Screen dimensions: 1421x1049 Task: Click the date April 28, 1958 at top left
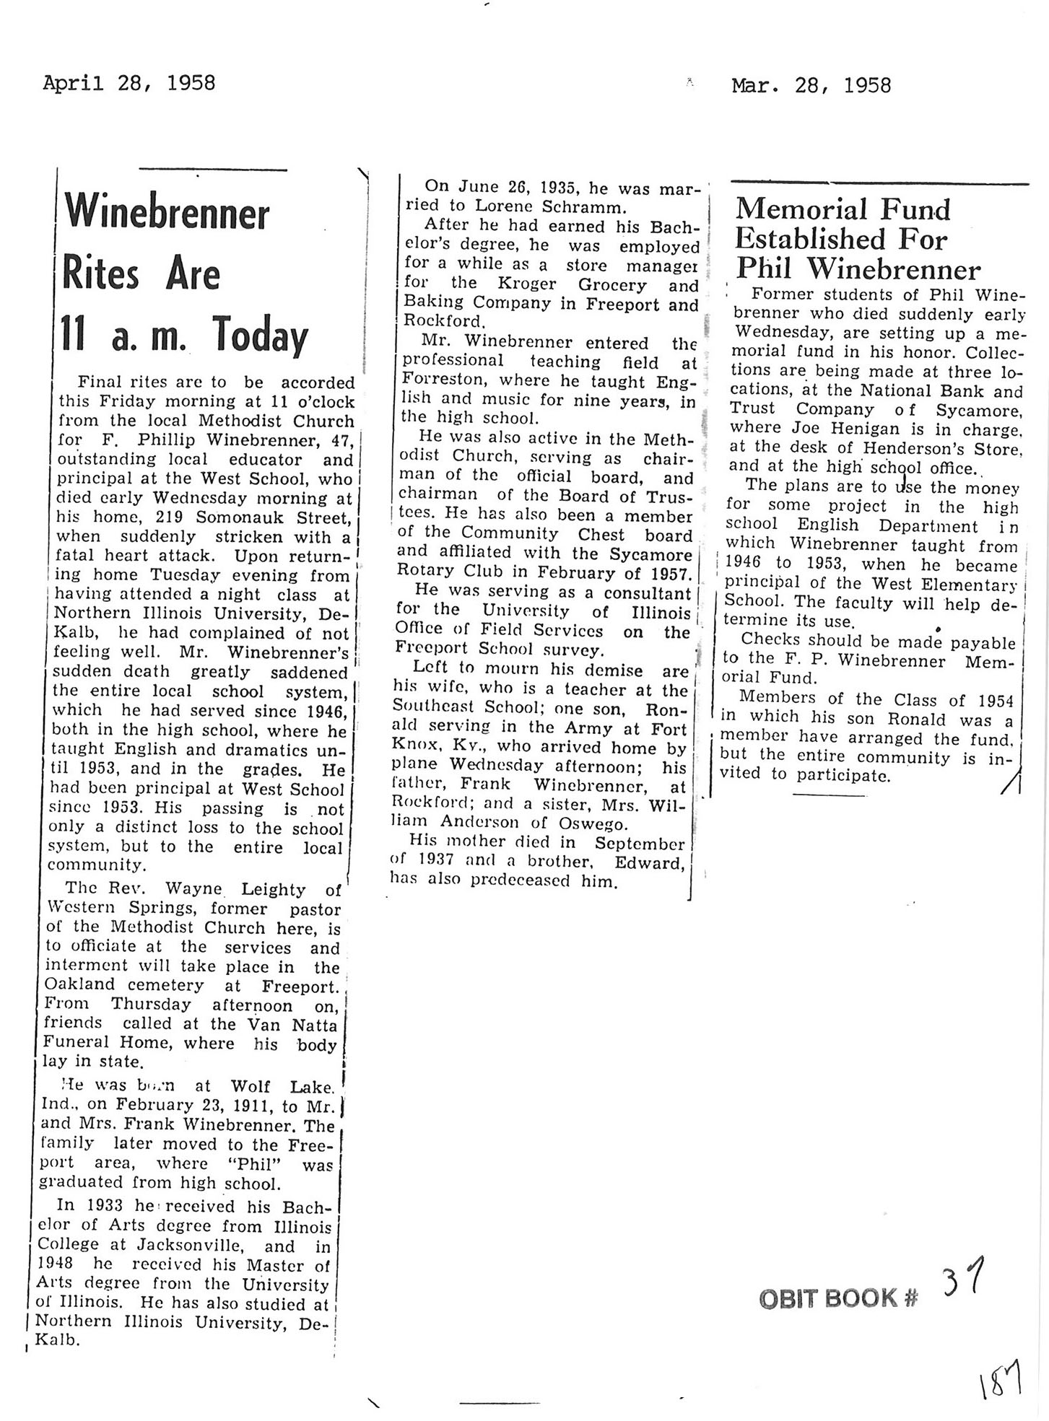tap(129, 83)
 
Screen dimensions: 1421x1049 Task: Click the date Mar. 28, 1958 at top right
tap(811, 86)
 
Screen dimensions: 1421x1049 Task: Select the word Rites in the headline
tap(100, 275)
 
